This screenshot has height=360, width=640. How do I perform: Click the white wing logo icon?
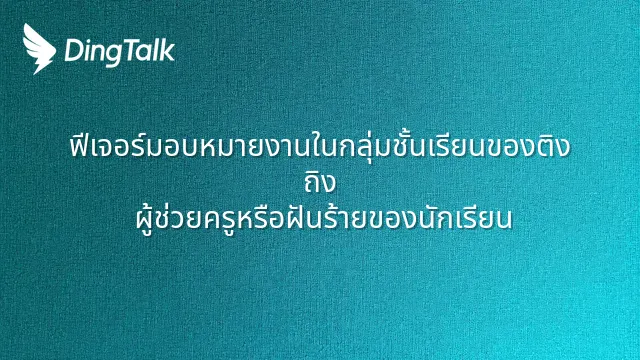pyautogui.click(x=39, y=49)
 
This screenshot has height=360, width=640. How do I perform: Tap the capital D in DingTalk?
pyautogui.click(x=73, y=51)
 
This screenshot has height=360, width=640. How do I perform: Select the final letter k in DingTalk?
pyautogui.click(x=168, y=50)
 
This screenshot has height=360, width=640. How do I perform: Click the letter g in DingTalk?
pyautogui.click(x=112, y=55)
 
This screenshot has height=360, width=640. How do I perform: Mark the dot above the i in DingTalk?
pyautogui.click(x=87, y=41)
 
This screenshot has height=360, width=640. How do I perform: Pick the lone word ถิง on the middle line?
pyautogui.click(x=320, y=181)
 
